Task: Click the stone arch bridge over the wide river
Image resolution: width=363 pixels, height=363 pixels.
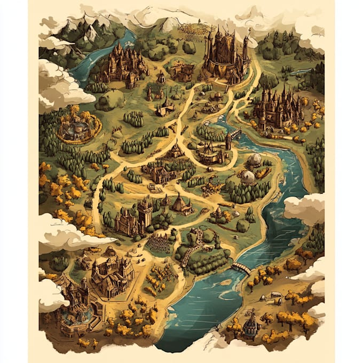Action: tap(241, 267)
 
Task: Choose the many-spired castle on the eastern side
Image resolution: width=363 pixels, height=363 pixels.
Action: tap(278, 109)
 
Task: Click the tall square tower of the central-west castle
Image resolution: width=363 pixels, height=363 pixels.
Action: tap(145, 211)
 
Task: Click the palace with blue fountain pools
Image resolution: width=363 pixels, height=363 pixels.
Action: tap(75, 310)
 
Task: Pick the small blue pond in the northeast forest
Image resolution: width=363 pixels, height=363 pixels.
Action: tap(302, 71)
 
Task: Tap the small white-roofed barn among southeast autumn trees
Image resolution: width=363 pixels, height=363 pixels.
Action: tap(275, 294)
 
